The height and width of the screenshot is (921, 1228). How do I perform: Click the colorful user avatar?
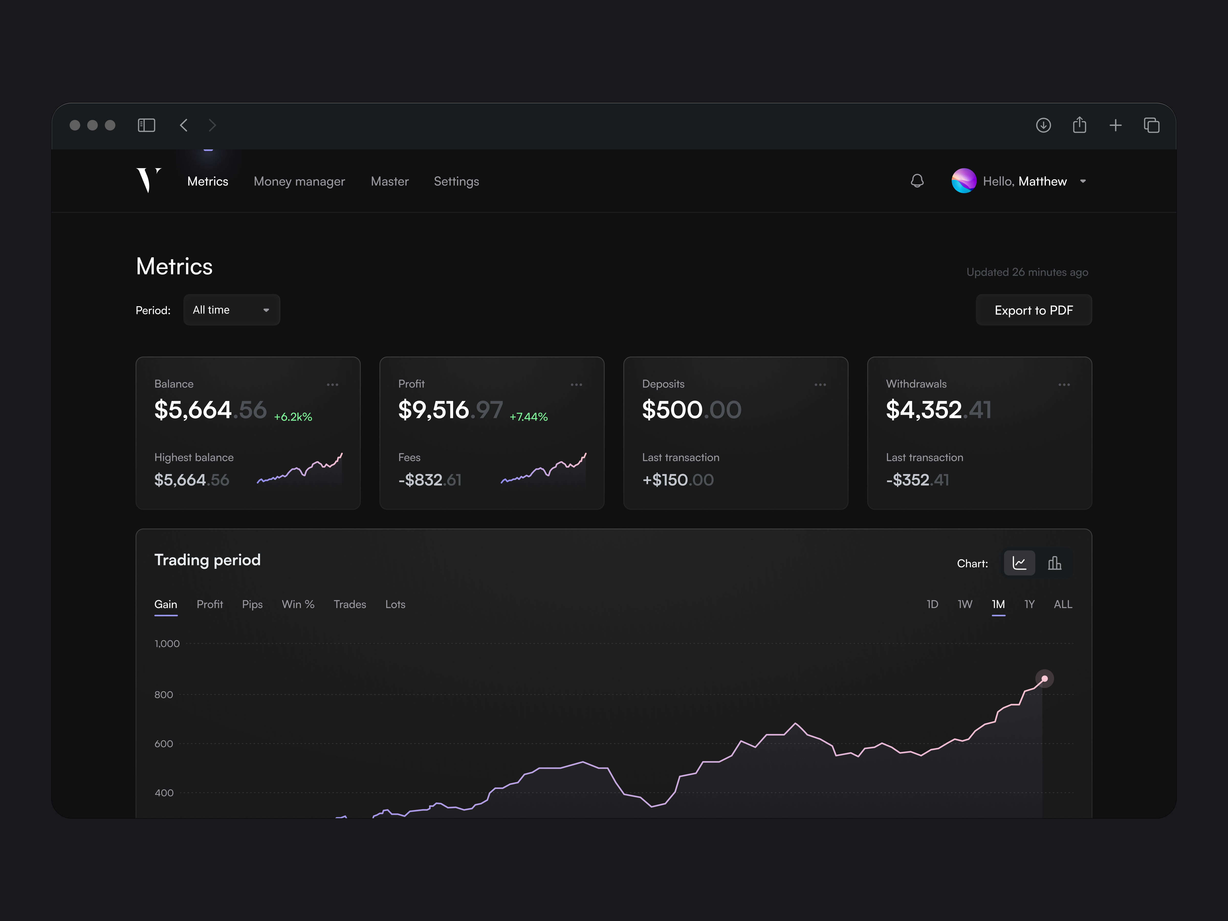click(963, 181)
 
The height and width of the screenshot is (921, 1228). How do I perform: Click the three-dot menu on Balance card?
click(333, 385)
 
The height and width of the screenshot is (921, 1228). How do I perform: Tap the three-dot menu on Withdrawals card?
click(1064, 385)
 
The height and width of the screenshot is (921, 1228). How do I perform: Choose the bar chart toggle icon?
click(1054, 564)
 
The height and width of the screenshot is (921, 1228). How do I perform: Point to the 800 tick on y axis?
click(164, 695)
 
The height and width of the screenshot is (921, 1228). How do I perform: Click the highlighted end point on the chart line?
click(1044, 678)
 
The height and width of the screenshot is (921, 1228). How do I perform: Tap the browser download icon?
click(1043, 125)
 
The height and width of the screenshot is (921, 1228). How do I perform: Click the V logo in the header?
click(148, 180)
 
